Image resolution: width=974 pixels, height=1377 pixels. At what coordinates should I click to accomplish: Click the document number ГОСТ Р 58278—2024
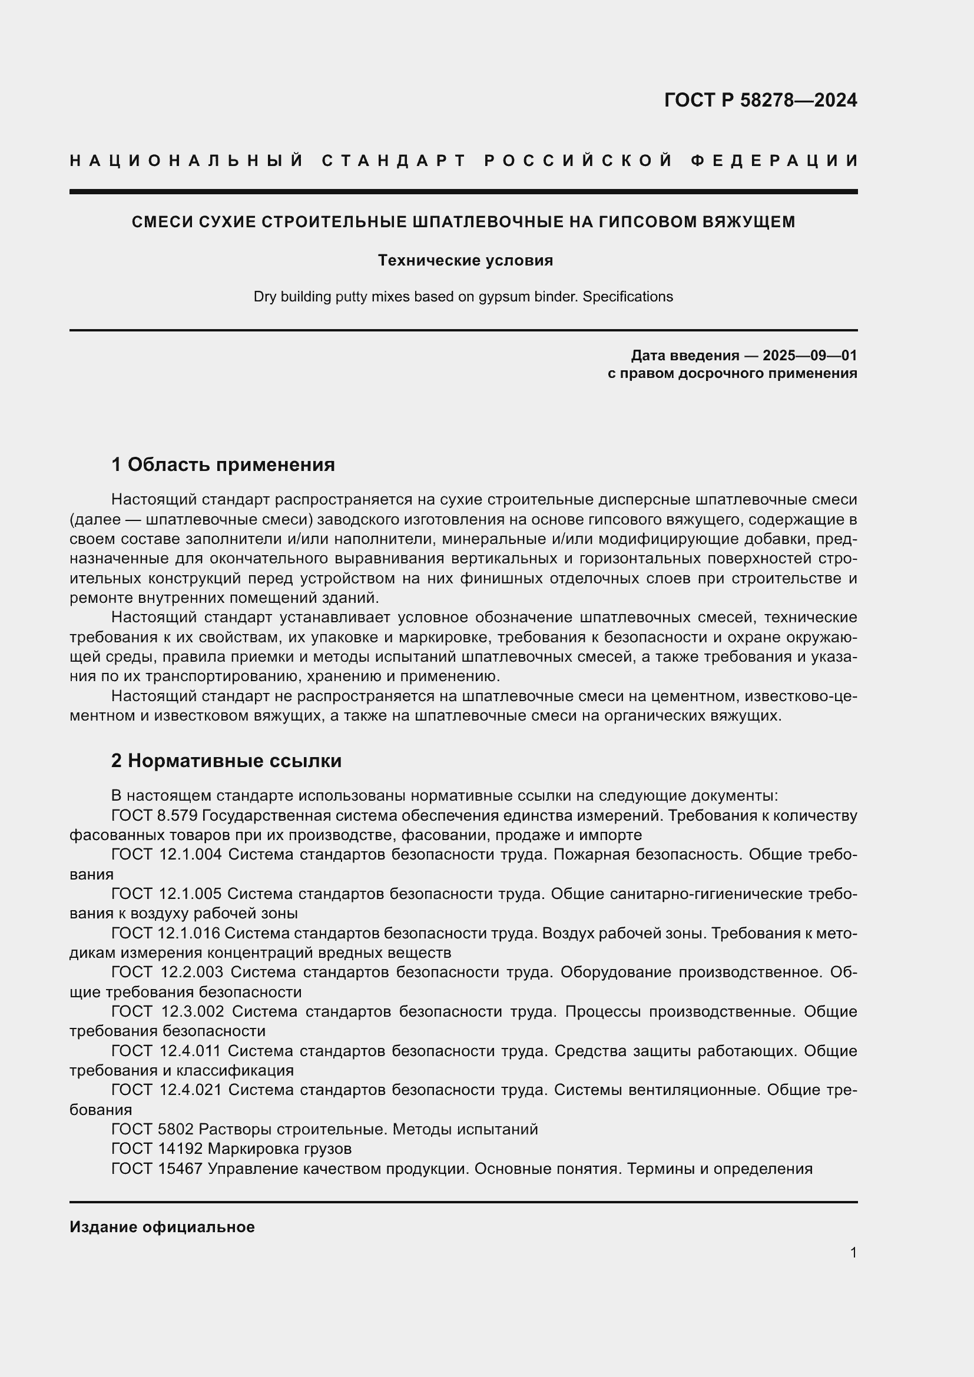pos(760,100)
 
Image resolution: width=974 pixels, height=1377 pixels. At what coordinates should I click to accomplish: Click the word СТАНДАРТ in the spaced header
pos(394,161)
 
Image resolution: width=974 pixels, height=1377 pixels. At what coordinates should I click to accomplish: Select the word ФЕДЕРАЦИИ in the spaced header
pos(774,161)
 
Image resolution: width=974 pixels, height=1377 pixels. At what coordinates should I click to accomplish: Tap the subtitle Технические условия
pos(465,260)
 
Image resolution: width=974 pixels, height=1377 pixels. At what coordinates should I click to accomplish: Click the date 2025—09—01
pos(810,356)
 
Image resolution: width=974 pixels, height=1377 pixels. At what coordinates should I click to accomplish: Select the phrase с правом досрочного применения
pos(732,374)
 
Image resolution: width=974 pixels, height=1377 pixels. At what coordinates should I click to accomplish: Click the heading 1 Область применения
pos(223,464)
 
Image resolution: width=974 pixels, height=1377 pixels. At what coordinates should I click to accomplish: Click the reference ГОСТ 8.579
pos(155,815)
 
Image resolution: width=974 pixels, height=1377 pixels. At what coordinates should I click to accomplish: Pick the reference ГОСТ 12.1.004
pos(166,855)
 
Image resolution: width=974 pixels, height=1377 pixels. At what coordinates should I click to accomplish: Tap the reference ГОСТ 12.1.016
pos(165,933)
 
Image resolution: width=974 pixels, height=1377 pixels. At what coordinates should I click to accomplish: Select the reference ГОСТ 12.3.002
pos(167,1012)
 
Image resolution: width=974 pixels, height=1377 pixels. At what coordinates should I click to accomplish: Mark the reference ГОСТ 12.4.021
pos(166,1090)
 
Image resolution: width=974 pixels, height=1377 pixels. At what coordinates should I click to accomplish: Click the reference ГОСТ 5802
pos(153,1129)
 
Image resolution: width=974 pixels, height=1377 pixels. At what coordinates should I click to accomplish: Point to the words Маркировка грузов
pos(280,1149)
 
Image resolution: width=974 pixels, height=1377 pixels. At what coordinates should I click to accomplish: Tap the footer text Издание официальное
pos(162,1227)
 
